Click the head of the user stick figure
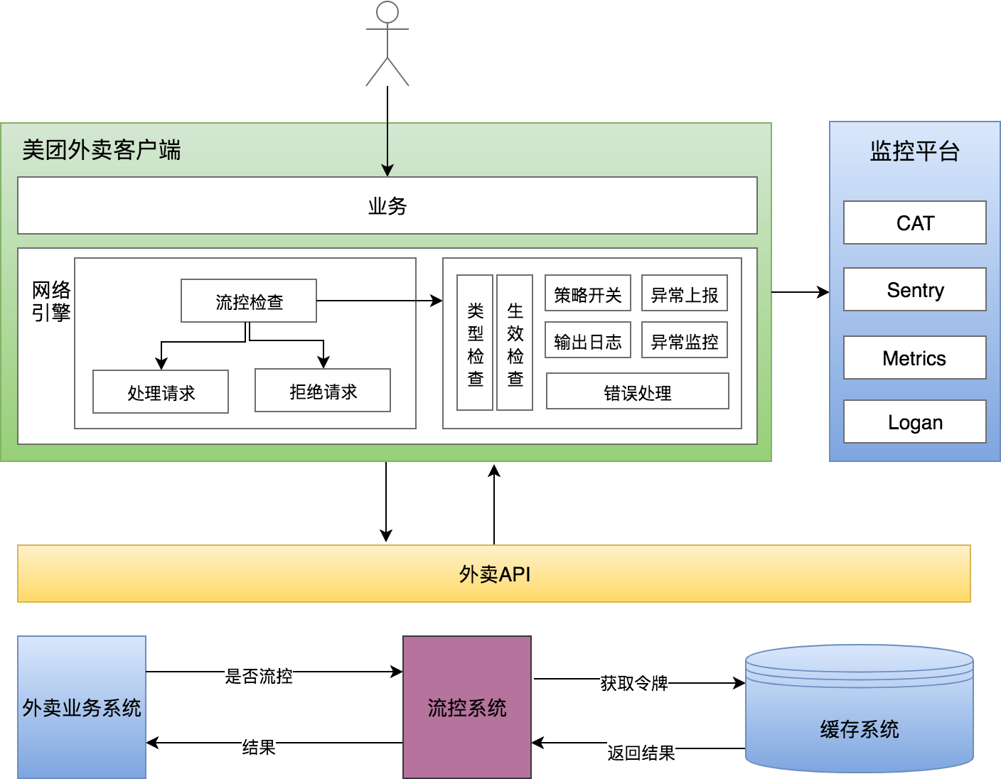[x=387, y=12]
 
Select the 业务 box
[x=387, y=205]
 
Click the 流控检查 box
[x=249, y=301]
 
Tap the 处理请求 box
[x=161, y=392]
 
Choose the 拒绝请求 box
[x=323, y=390]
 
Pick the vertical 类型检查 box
[x=475, y=343]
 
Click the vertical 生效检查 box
[x=515, y=343]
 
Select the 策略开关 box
[x=588, y=294]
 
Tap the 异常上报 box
[x=685, y=294]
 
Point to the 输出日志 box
[x=588, y=340]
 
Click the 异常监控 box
[x=685, y=340]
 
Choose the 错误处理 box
[x=638, y=392]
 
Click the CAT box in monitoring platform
[x=915, y=223]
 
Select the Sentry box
[x=915, y=290]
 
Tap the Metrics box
[x=915, y=358]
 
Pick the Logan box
[x=915, y=422]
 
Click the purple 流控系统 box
[x=467, y=707]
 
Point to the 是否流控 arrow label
[x=259, y=676]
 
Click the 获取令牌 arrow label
[x=634, y=683]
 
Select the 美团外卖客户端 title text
[x=102, y=150]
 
